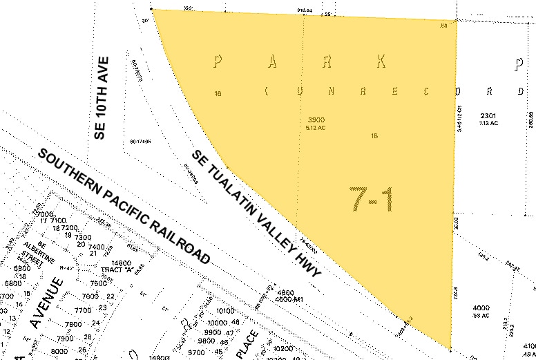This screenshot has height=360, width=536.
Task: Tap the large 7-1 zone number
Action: tap(371, 200)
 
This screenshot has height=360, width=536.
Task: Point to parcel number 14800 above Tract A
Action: tap(121, 263)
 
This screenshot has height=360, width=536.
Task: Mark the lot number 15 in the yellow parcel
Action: tap(374, 135)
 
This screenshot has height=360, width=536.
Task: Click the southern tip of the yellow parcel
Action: tap(450, 348)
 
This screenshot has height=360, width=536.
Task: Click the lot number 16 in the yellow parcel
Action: tap(218, 93)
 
